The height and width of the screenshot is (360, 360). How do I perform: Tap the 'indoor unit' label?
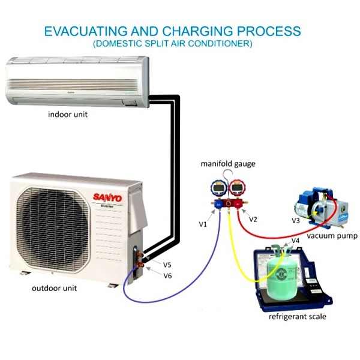pos(67,113)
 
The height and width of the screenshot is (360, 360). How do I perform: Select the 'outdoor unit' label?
pos(54,288)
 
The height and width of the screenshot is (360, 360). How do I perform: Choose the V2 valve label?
pos(253,220)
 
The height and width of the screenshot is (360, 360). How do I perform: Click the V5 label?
pos(167,264)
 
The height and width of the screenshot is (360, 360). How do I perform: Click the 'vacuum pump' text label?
pos(332,236)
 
